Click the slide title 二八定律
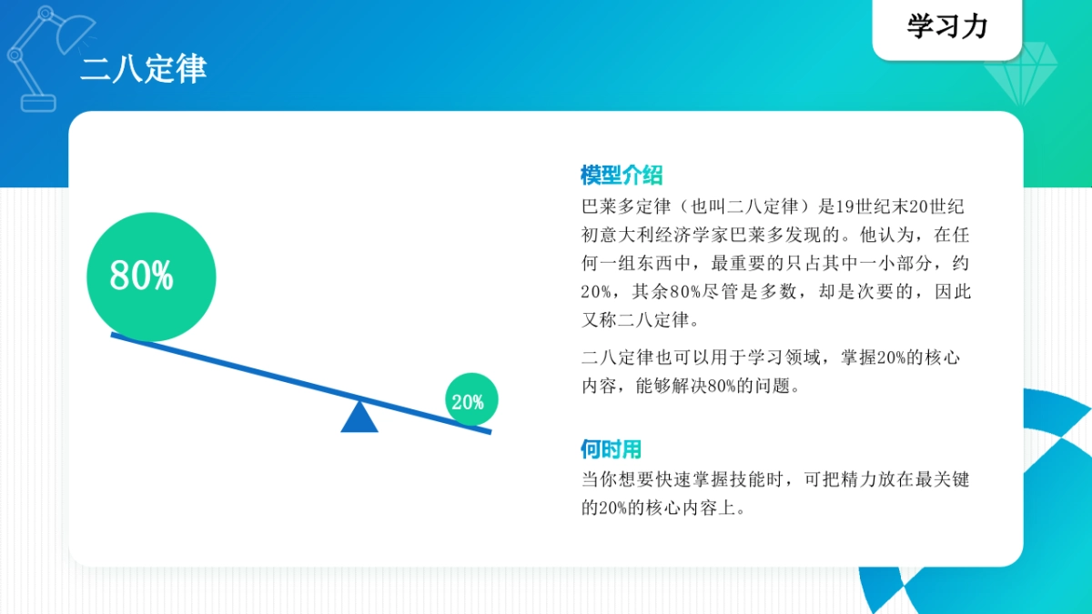(x=143, y=69)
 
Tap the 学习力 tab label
(x=946, y=26)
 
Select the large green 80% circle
(x=151, y=277)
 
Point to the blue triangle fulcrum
(x=359, y=418)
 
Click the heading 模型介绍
(x=622, y=175)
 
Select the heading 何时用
(x=612, y=449)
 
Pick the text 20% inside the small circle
(x=468, y=402)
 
